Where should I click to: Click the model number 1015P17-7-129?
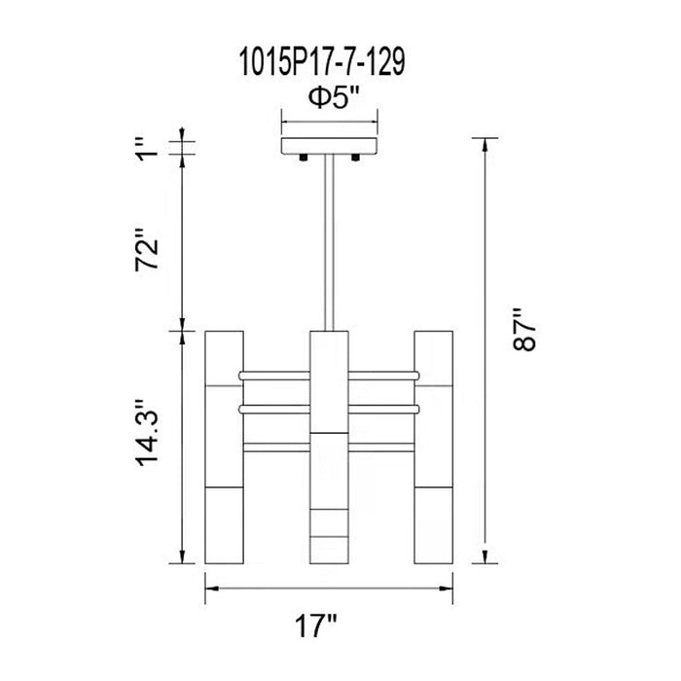[322, 62]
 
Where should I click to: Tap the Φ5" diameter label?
[334, 98]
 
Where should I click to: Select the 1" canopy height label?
[147, 149]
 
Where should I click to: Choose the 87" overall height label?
[524, 330]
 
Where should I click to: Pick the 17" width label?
[316, 626]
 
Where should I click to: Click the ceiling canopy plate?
[329, 146]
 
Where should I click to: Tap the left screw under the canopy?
[303, 158]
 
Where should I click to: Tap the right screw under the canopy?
[355, 158]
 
